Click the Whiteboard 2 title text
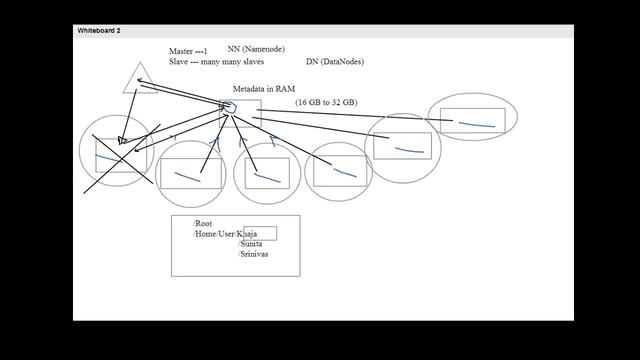(x=99, y=31)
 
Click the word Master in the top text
(x=182, y=50)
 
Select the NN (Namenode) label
(x=256, y=48)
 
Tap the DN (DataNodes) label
(x=335, y=62)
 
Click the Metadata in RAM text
(x=263, y=89)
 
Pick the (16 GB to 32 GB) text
(x=326, y=103)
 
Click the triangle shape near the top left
(x=137, y=79)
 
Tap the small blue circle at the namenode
(x=228, y=107)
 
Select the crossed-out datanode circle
(x=117, y=153)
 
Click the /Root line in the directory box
(x=203, y=224)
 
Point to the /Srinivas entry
(x=253, y=254)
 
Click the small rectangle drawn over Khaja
(x=259, y=234)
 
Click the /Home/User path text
(x=214, y=234)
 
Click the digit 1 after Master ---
(x=205, y=50)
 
